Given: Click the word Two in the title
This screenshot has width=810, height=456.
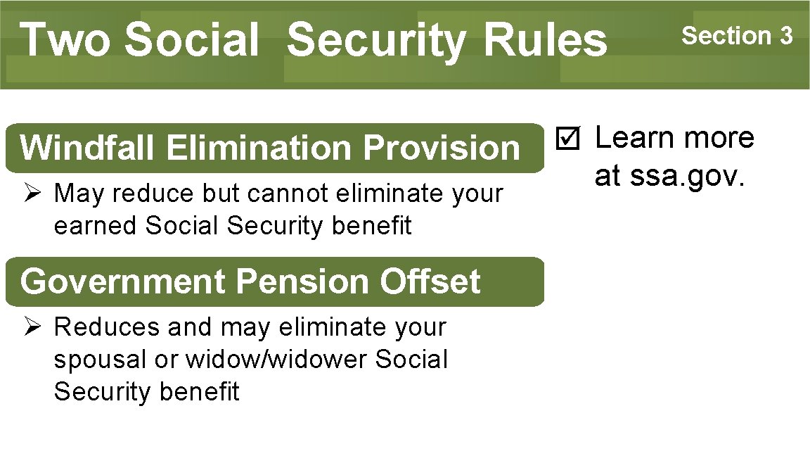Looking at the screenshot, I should click(65, 39).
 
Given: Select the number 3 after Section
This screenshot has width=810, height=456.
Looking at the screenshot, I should click(785, 35).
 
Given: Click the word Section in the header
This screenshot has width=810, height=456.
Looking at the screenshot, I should click(726, 35).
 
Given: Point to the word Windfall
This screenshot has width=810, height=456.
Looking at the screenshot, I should click(89, 148).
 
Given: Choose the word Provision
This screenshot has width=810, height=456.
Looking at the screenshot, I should click(442, 148).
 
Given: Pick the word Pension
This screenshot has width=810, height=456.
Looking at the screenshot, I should click(304, 281).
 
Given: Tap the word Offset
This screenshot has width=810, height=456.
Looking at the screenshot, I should click(430, 281).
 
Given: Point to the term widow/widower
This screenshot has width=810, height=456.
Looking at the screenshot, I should click(277, 360).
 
